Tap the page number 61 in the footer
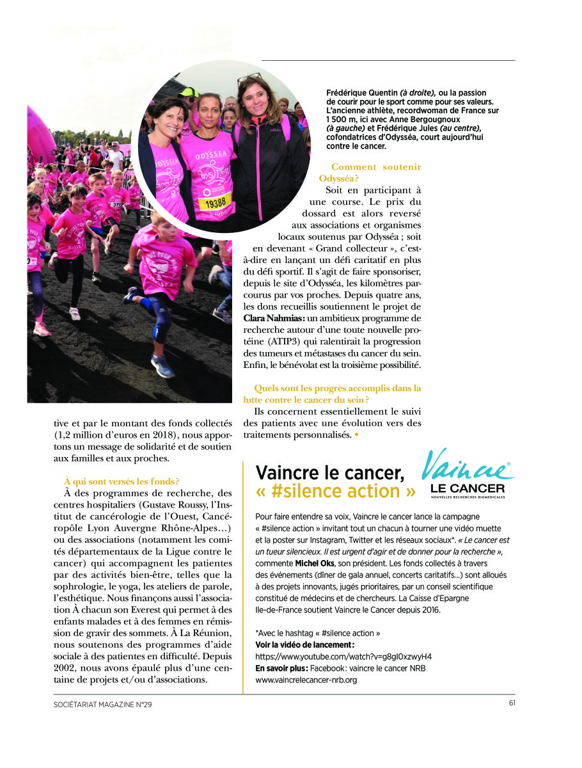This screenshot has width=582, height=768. [x=512, y=703]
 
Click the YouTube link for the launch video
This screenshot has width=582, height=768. [x=343, y=657]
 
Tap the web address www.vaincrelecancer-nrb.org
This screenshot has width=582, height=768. [x=306, y=680]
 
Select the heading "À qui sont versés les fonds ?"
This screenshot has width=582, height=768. [x=122, y=481]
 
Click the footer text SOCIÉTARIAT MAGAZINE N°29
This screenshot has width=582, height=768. [x=103, y=704]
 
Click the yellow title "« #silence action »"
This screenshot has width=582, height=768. [x=336, y=492]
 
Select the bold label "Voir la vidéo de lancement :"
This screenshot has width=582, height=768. [x=304, y=645]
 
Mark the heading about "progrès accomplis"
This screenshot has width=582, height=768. [x=338, y=393]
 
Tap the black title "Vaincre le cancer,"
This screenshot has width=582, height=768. [x=329, y=472]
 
